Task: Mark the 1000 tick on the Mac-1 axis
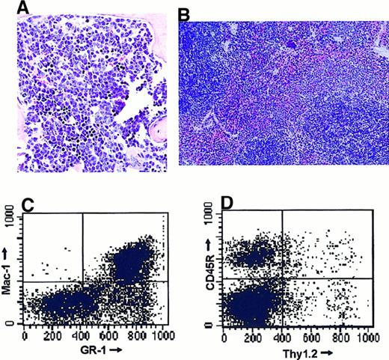(11, 216)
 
